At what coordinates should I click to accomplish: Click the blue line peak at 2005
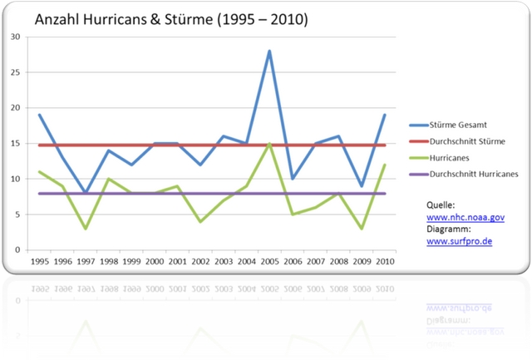[x=269, y=51]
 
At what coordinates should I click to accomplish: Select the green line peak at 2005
[x=269, y=143]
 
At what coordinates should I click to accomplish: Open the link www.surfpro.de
[x=459, y=241]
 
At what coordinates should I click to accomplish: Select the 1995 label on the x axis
[x=39, y=260]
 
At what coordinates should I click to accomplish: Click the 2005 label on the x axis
[x=269, y=260]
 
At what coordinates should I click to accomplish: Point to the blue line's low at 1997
[x=85, y=193]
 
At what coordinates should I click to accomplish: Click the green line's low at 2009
[x=362, y=228]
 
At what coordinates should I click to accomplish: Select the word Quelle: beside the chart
[x=441, y=205]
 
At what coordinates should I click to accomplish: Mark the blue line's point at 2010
[x=385, y=115]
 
